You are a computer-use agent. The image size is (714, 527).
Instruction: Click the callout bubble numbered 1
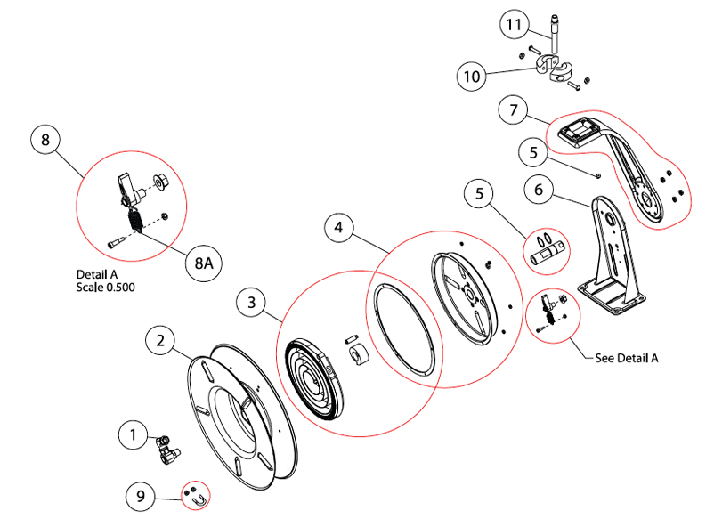(x=134, y=434)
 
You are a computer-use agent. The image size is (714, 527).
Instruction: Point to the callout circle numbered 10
(x=474, y=77)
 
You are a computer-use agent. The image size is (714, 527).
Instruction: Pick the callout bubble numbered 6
(x=536, y=190)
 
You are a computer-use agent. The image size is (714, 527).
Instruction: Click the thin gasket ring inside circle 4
(x=405, y=328)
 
